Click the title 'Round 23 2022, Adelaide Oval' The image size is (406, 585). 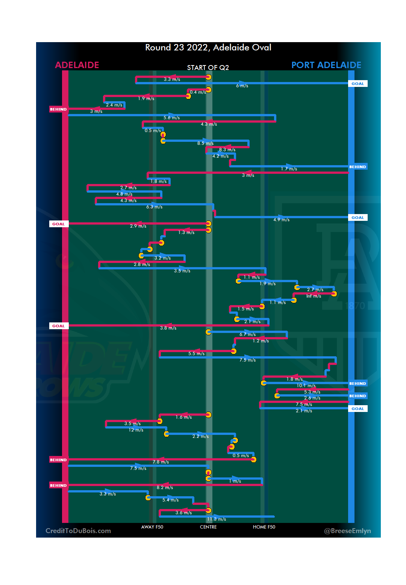208,47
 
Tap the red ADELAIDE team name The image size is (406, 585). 77,65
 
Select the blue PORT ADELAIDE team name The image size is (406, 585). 326,65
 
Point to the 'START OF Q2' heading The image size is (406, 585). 208,68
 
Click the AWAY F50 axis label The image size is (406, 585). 152,527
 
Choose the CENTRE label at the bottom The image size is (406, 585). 208,527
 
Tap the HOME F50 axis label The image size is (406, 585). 264,527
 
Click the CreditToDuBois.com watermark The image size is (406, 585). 78,531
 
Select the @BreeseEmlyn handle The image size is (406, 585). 347,531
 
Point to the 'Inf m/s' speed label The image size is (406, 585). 314,296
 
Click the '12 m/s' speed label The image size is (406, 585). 136,430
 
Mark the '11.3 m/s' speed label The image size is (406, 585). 217,519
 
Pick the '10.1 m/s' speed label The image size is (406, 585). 306,386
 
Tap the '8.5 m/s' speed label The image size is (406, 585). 205,143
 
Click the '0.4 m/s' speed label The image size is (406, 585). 198,92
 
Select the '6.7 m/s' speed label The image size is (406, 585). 247,334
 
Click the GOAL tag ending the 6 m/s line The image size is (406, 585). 358,84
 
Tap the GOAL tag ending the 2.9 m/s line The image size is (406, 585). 59,224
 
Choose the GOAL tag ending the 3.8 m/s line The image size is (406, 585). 59,326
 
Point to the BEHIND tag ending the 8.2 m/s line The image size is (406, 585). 59,486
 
